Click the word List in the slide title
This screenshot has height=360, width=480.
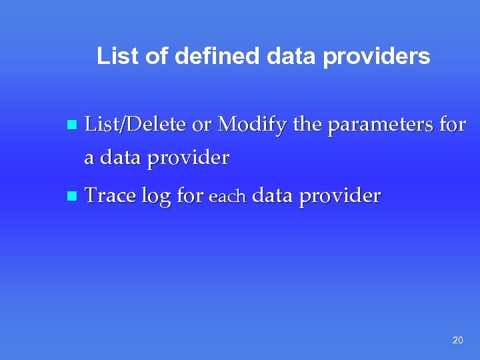click(119, 57)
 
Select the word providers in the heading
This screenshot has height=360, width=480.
click(377, 57)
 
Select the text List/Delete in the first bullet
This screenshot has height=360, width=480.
click(136, 124)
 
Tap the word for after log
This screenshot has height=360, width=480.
click(191, 196)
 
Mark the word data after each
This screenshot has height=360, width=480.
click(273, 196)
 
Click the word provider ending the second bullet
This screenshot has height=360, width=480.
click(339, 197)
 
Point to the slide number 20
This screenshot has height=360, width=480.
click(457, 340)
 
